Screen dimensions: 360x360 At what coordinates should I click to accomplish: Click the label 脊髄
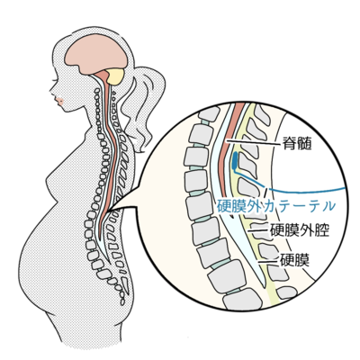(296, 144)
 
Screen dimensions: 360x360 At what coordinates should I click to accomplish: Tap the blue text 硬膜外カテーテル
(275, 206)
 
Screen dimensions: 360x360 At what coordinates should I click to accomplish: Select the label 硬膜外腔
(300, 230)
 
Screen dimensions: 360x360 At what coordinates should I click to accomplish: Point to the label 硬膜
(294, 260)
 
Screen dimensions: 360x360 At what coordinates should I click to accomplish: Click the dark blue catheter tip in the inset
(235, 160)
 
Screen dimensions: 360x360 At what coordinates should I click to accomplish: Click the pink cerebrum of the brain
(96, 54)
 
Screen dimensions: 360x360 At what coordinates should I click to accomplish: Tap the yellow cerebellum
(115, 76)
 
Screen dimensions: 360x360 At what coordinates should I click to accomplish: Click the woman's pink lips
(59, 102)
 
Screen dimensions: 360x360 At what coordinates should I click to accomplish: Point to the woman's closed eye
(55, 81)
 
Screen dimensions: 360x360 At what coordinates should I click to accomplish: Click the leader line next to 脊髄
(253, 142)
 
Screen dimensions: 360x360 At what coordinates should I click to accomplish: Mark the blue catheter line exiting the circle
(306, 191)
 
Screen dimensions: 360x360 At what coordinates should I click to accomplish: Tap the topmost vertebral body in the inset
(209, 114)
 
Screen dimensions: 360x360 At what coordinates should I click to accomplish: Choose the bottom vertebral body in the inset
(242, 299)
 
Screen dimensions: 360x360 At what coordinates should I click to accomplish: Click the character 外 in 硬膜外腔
(307, 230)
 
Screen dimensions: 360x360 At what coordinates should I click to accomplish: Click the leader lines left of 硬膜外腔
(258, 231)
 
